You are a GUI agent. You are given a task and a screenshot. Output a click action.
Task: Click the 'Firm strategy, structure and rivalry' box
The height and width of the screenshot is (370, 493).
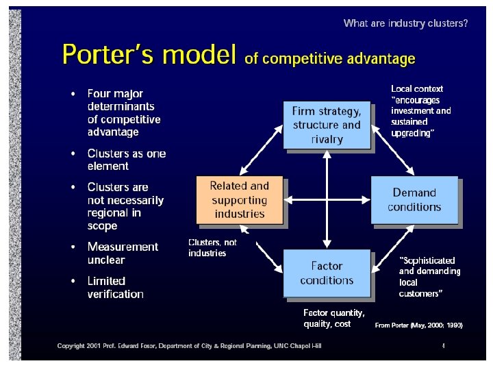click(327, 125)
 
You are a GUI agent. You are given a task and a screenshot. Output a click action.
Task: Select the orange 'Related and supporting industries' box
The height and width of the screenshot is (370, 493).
click(239, 200)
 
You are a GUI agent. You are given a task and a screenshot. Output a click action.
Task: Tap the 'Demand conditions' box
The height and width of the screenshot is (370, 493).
click(414, 199)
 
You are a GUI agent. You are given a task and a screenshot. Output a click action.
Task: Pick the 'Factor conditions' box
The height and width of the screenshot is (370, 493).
click(327, 273)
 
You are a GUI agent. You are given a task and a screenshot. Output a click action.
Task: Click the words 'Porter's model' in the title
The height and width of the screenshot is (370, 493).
click(150, 54)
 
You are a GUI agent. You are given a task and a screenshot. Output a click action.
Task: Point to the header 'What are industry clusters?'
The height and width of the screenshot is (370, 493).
click(405, 23)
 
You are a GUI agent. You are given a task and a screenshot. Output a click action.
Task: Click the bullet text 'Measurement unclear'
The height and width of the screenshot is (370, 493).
click(123, 253)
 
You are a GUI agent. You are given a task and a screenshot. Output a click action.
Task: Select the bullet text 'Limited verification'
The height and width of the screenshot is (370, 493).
click(115, 287)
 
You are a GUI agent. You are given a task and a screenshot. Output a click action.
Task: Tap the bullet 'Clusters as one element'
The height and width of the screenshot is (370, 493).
click(126, 160)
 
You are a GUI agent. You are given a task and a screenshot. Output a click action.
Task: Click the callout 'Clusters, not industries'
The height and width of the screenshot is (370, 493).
click(212, 247)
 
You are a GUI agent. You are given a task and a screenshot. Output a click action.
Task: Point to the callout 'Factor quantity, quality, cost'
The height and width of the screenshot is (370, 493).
click(333, 318)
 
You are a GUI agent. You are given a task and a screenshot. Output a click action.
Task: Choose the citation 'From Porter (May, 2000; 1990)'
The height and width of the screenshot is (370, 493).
click(418, 325)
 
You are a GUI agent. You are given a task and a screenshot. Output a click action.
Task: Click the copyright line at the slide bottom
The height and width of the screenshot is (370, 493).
click(189, 346)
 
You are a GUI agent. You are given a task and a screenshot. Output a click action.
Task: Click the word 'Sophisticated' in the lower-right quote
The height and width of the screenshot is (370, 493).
click(428, 260)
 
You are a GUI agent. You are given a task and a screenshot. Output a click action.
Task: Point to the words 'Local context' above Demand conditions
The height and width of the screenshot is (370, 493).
click(417, 88)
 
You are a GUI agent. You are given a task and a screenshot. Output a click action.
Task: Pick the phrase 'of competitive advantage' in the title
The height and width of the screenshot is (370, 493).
click(329, 59)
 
